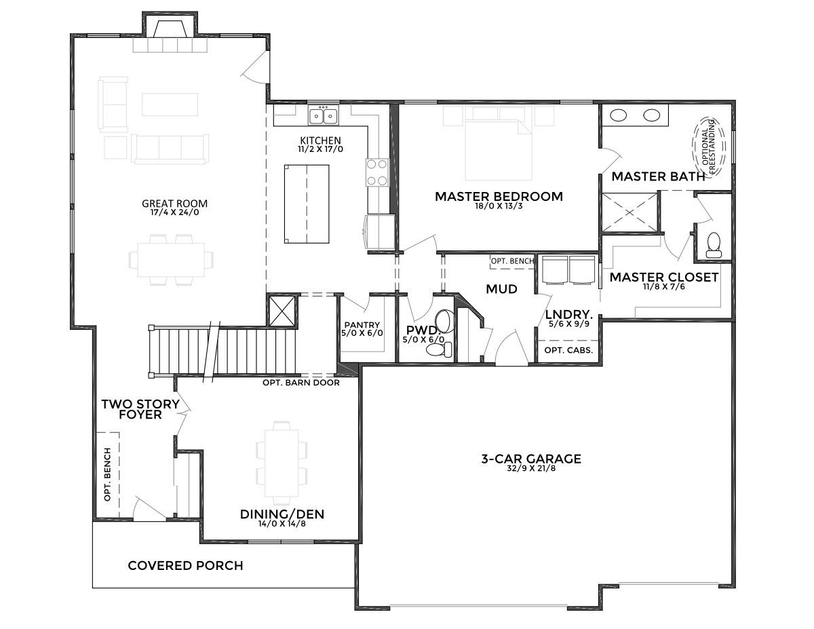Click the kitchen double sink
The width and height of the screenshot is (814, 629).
click(x=323, y=115)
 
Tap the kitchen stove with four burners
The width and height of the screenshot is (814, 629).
click(x=377, y=172)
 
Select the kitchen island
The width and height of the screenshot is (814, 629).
click(x=307, y=204)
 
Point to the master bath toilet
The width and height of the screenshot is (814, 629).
click(x=714, y=245)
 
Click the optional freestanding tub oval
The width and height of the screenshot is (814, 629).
click(x=708, y=147)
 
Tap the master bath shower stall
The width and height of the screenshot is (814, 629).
click(x=629, y=212)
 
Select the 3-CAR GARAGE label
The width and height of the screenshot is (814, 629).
click(x=531, y=459)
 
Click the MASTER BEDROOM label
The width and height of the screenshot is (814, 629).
click(x=499, y=196)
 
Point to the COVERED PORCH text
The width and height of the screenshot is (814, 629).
click(x=185, y=565)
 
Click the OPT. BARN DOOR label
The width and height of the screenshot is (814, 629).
click(x=301, y=383)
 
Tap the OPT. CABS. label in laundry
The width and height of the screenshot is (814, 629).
click(x=568, y=351)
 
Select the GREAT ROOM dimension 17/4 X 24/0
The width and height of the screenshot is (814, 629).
click(x=174, y=213)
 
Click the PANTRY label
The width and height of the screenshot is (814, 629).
click(x=362, y=325)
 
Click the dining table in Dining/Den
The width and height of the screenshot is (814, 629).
click(x=282, y=463)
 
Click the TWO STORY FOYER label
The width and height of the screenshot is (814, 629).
click(x=140, y=409)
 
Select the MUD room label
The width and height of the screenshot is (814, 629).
click(x=501, y=289)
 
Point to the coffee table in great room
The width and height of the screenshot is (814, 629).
click(x=170, y=104)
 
